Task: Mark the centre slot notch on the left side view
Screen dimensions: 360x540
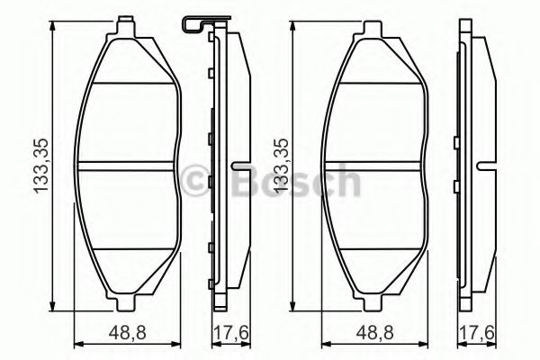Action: [x=239, y=166]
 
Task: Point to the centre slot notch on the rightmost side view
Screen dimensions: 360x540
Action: [x=487, y=166]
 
